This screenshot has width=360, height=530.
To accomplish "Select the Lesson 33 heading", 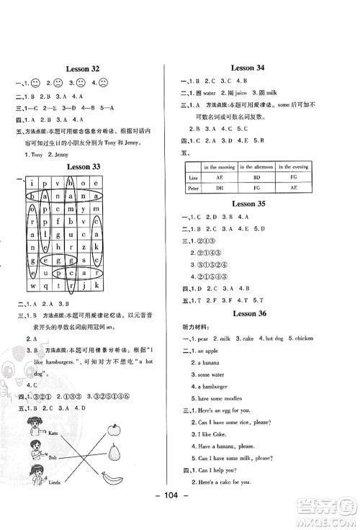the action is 82,168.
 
